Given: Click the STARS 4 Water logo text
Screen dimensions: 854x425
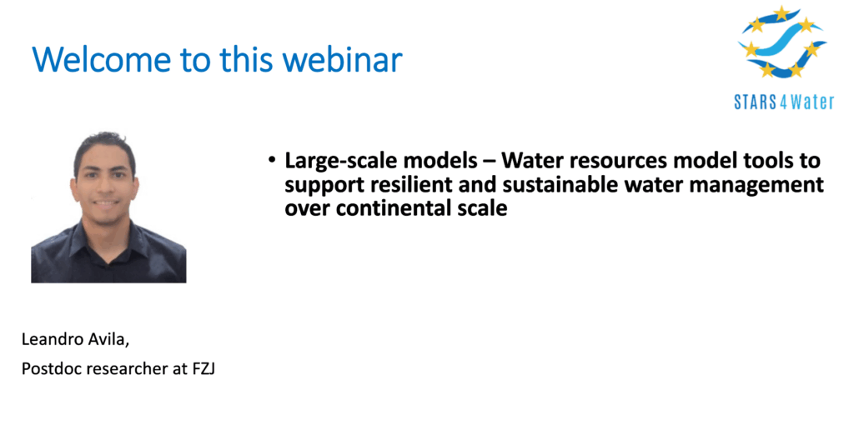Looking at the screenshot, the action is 784,102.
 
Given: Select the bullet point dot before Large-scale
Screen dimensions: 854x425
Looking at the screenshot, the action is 271,161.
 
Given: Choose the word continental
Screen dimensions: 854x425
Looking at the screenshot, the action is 386,208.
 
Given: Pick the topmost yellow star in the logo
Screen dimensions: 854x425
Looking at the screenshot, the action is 781,13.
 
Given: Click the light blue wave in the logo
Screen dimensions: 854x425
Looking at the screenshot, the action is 782,42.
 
